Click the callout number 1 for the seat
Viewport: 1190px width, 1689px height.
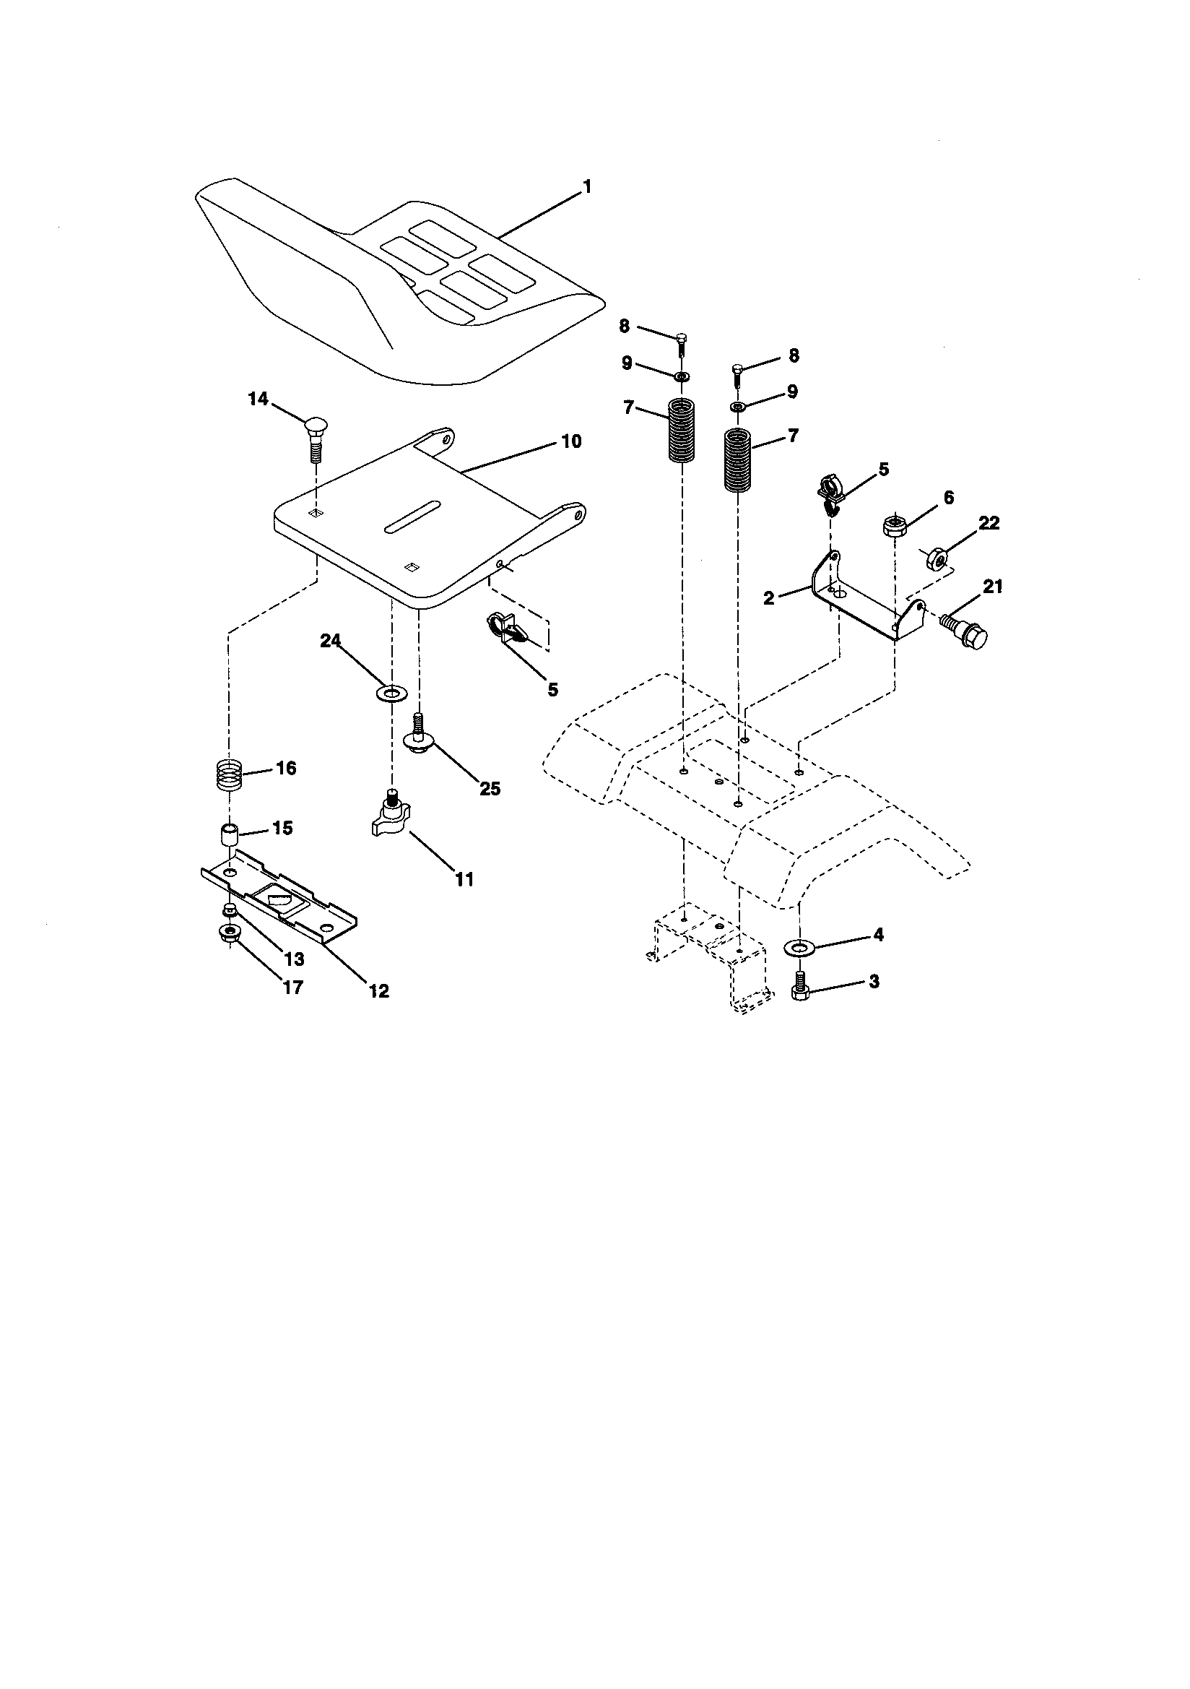click(586, 188)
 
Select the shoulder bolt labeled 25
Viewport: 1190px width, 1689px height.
click(420, 735)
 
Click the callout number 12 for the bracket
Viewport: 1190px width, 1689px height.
click(378, 991)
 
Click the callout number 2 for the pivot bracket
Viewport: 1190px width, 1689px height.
click(769, 598)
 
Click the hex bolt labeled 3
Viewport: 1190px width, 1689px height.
click(800, 988)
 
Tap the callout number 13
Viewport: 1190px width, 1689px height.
click(293, 959)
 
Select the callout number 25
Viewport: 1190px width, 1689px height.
click(489, 789)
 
